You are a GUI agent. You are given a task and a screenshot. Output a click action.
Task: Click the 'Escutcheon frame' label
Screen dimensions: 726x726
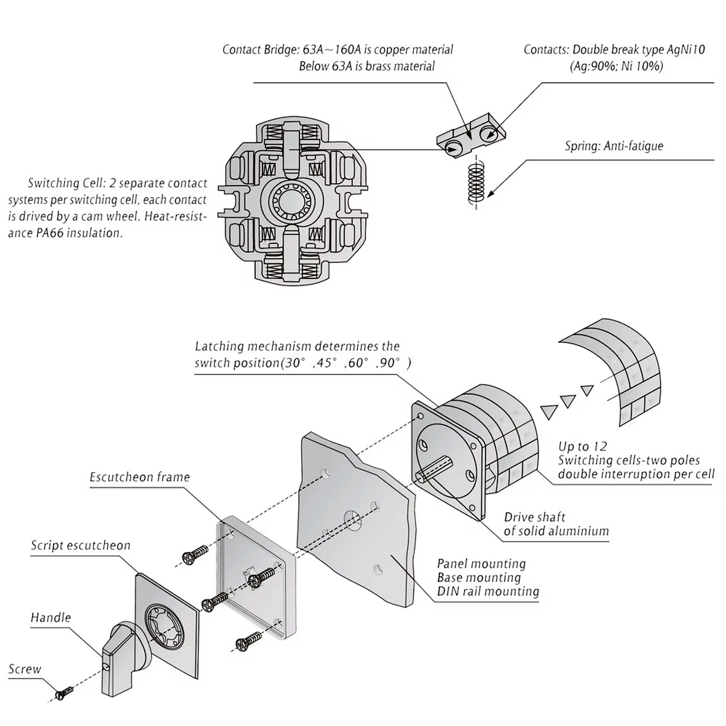point(140,477)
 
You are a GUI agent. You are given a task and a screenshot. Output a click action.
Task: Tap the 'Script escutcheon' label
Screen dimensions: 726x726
point(81,545)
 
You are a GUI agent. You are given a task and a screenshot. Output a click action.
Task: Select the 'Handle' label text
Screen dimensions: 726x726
point(51,617)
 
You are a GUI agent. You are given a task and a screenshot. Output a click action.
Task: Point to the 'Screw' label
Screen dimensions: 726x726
point(25,669)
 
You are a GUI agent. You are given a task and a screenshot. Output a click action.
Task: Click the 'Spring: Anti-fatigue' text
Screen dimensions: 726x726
point(614,146)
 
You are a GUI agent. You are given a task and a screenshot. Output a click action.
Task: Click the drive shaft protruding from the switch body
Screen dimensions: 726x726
point(437,470)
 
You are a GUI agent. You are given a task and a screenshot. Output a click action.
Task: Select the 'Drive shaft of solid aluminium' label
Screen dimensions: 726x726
point(556,524)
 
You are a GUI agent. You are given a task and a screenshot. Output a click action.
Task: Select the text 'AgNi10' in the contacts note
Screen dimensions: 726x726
point(685,50)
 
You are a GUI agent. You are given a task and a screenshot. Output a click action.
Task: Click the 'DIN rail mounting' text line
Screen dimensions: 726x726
point(488,592)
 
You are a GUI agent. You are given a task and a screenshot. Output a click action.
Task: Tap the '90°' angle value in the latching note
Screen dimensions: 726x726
point(390,363)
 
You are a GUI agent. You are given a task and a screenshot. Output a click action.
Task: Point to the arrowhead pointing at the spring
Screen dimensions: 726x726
point(495,192)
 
